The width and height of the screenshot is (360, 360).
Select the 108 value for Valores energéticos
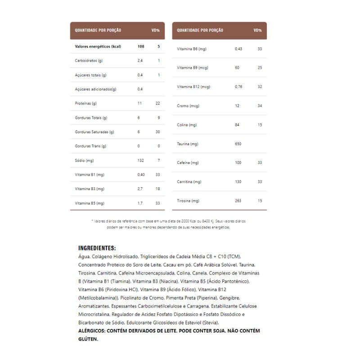(140, 46)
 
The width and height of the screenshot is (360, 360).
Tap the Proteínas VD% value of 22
(157, 103)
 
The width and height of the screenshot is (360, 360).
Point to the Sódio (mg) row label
(84, 161)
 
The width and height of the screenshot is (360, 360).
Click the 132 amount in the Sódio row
(140, 161)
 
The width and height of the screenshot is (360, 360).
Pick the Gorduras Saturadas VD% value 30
(157, 132)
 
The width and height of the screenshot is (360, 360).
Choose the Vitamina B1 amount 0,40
(141, 175)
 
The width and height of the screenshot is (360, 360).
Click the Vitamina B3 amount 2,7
(140, 189)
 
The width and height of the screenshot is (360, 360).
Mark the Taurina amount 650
(238, 144)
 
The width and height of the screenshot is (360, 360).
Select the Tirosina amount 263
(238, 201)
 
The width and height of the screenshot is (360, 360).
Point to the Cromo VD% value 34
(260, 106)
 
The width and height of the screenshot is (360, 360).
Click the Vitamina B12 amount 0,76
(238, 87)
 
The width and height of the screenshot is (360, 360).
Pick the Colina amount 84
(237, 125)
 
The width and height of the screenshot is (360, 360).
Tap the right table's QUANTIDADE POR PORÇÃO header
(200, 31)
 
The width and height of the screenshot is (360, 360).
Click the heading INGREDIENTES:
(97, 248)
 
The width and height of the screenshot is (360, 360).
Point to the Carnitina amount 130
(238, 182)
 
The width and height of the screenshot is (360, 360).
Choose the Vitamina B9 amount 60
(237, 67)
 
